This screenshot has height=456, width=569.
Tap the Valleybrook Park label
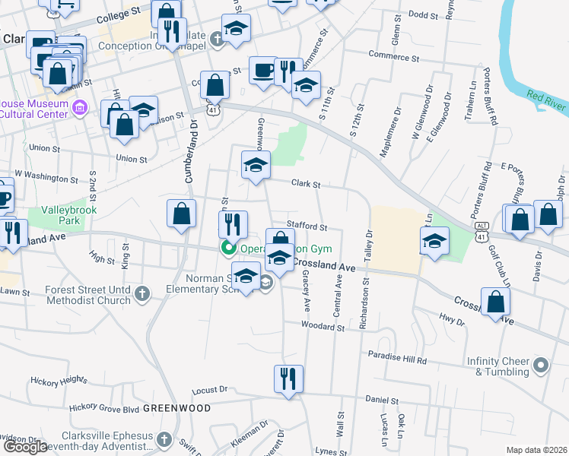click(60, 214)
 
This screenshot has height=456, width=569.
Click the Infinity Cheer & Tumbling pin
click(541, 366)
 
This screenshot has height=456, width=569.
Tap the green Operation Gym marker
click(227, 248)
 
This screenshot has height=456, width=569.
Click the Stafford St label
click(307, 226)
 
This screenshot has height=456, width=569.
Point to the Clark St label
click(307, 183)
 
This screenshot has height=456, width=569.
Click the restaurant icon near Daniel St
click(288, 378)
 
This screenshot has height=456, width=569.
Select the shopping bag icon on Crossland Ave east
click(495, 302)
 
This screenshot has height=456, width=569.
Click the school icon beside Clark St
click(256, 164)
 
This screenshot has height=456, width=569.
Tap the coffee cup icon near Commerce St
click(263, 70)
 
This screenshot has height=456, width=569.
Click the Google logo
click(25, 447)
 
